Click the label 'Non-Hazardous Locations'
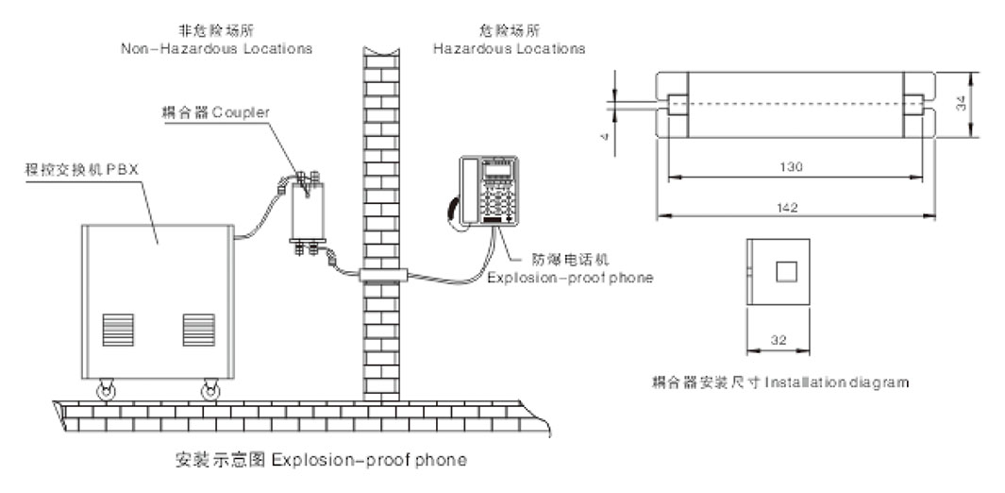pyautogui.click(x=217, y=48)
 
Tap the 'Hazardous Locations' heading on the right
pyautogui.click(x=509, y=48)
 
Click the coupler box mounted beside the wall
pyautogui.click(x=307, y=212)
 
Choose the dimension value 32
pyautogui.click(x=779, y=337)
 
